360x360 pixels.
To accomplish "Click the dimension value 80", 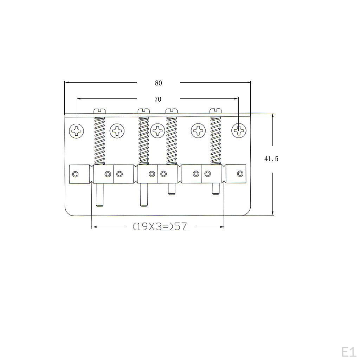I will coord(159,83).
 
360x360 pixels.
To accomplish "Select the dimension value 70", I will coord(158,99).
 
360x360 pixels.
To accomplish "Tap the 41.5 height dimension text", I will coord(271,159).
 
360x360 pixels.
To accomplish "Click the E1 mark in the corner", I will coord(348,352).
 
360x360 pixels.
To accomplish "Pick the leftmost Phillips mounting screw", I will coord(76,131).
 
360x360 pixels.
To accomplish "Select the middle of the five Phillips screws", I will coord(158,131).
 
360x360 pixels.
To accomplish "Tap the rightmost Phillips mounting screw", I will coord(239,131).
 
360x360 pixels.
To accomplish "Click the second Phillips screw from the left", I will coord(117,131).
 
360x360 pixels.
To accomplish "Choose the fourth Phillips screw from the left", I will coord(199,131).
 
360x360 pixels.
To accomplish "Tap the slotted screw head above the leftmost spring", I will coord(100,111).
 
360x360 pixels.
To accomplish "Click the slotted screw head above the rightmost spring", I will coord(216,111).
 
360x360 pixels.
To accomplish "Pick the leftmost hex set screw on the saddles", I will coord(76,174).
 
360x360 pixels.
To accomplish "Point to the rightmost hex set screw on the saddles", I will coord(240,173).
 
